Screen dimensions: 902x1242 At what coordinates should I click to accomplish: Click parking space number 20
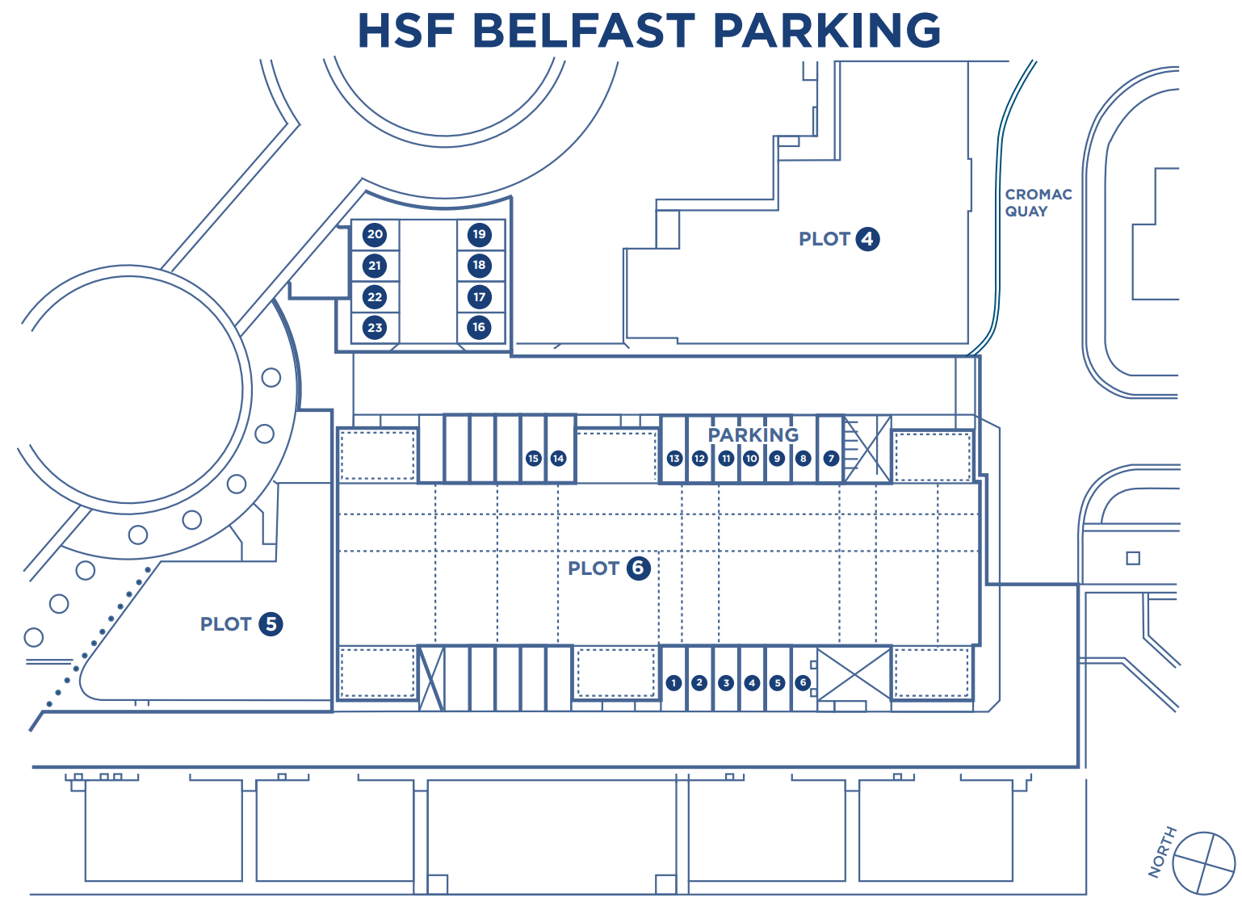[375, 235]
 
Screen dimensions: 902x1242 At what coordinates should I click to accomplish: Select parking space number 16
[479, 328]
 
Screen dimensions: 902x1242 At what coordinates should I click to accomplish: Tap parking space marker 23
[375, 328]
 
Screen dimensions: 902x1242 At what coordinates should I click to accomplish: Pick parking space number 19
[479, 235]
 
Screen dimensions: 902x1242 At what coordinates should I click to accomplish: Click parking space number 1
[673, 683]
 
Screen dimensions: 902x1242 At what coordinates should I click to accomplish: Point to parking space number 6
[802, 683]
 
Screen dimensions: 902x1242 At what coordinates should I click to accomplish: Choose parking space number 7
[831, 459]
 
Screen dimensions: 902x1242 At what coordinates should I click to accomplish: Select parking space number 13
[674, 459]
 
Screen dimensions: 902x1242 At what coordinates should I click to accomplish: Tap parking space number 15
[533, 459]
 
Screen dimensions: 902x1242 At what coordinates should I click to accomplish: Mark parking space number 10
[751, 459]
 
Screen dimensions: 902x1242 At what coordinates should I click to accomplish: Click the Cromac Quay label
[1038, 203]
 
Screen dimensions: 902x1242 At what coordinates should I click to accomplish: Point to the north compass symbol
[1203, 863]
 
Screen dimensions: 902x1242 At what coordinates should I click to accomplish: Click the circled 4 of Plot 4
[867, 239]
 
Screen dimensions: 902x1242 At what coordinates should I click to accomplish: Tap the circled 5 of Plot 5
[271, 624]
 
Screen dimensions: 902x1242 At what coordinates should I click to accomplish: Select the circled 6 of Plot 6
[638, 568]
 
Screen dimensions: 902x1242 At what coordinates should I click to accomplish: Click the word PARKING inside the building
[753, 435]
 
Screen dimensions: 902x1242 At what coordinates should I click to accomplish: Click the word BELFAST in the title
[583, 31]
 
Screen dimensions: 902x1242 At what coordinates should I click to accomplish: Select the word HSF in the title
[405, 31]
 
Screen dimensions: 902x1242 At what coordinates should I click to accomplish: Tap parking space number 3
[726, 683]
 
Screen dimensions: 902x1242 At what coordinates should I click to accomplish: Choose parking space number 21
[375, 266]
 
